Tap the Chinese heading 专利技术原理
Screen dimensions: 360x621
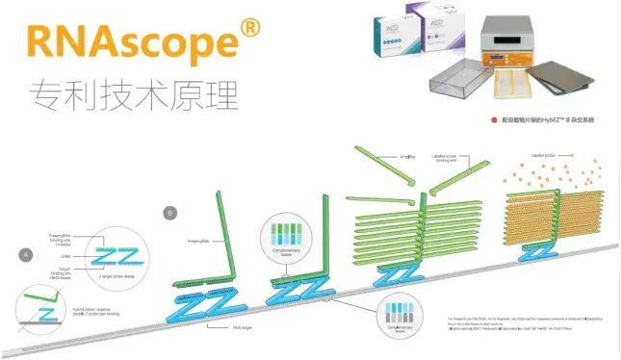pos(134,93)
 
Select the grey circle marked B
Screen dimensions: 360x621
pos(171,212)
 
